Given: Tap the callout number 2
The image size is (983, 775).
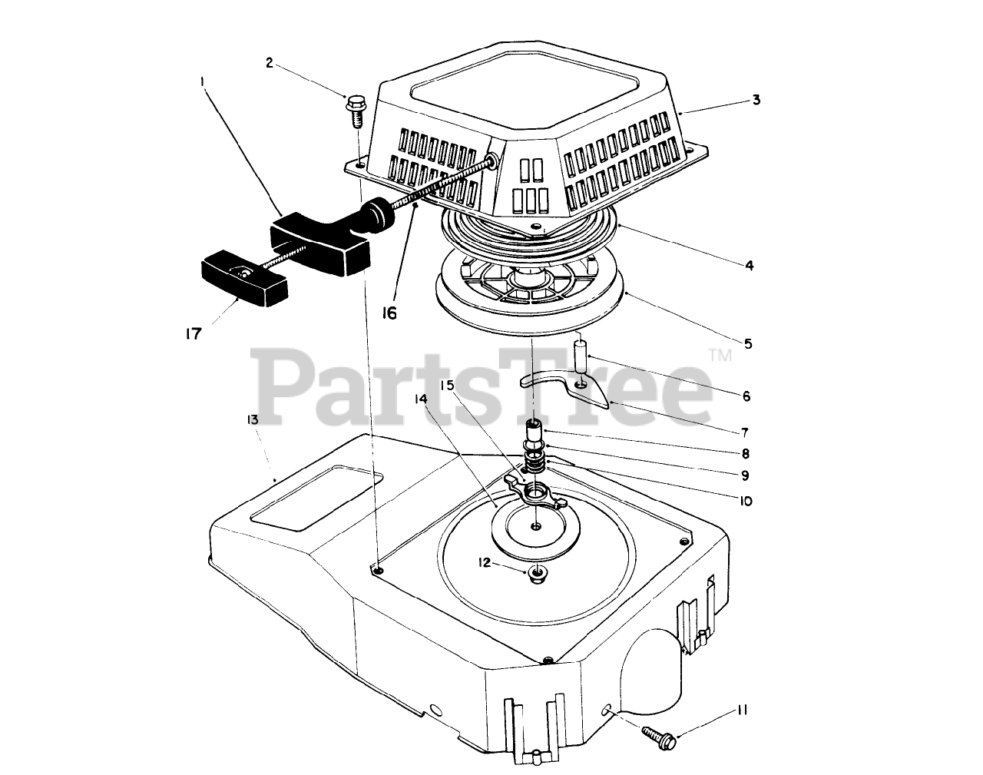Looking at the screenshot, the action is [270, 63].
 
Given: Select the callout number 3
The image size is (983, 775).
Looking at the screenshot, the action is [756, 100].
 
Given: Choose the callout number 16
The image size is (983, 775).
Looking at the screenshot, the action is [390, 313].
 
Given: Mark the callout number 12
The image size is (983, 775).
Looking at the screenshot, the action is [483, 562].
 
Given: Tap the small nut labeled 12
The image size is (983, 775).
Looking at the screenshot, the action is [537, 571].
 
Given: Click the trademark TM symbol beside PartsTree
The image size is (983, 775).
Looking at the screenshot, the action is [720, 354].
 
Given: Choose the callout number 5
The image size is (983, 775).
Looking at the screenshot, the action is [747, 343].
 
